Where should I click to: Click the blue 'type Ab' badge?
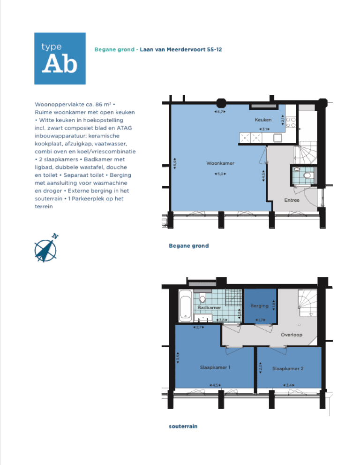[60, 58]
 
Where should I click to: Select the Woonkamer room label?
[220, 163]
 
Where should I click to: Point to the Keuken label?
[263, 120]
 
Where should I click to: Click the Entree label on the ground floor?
[292, 200]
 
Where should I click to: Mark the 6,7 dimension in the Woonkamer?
[220, 112]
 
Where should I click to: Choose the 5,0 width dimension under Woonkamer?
[220, 174]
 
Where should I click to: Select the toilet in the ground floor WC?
[307, 175]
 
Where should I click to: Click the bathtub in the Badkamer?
[184, 305]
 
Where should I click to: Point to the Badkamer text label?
[209, 308]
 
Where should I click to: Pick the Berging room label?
[259, 306]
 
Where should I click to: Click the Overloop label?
[291, 335]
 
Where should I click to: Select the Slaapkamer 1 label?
[215, 368]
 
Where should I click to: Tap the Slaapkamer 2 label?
[288, 369]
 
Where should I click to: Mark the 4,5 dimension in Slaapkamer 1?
[216, 385]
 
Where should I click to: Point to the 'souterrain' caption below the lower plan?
[183, 427]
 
